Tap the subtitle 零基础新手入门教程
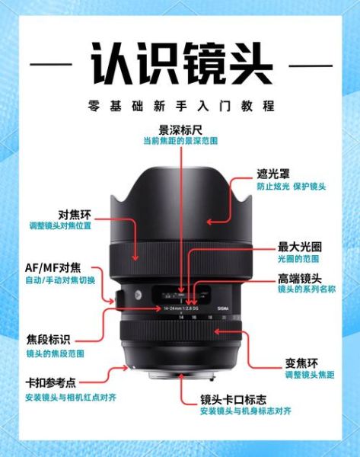pyautogui.click(x=180, y=107)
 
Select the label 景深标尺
pyautogui.click(x=180, y=129)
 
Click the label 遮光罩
pyautogui.click(x=271, y=174)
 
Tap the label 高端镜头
pyautogui.click(x=299, y=279)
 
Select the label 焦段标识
pyautogui.click(x=49, y=340)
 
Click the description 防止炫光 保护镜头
pyautogui.click(x=290, y=187)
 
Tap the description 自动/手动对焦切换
pyautogui.click(x=61, y=280)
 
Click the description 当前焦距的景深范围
pyautogui.click(x=180, y=142)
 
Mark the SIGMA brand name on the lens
pyautogui.click(x=222, y=308)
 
